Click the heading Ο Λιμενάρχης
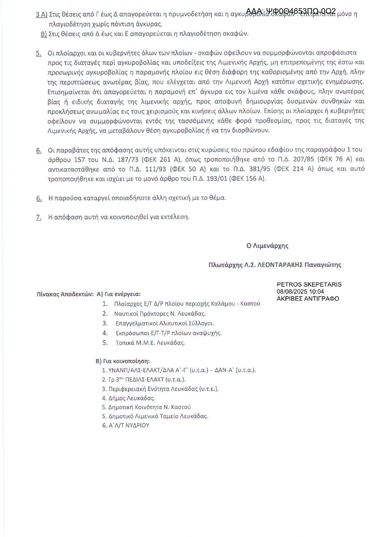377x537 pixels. pyautogui.click(x=267, y=246)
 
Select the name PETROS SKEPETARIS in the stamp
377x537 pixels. pyautogui.click(x=309, y=285)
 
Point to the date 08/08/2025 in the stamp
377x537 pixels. pyautogui.click(x=291, y=292)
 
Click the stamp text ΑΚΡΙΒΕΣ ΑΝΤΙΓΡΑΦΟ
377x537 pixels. pyautogui.click(x=308, y=299)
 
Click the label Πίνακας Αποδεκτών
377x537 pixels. pyautogui.click(x=65, y=294)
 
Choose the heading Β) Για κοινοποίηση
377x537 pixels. pyautogui.click(x=123, y=361)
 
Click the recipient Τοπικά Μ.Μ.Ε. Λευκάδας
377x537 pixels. pyautogui.click(x=150, y=343)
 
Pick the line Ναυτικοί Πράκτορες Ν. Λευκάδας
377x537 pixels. pyautogui.click(x=160, y=314)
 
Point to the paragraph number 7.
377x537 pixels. pyautogui.click(x=39, y=217)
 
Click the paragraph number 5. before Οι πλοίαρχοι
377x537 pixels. pyautogui.click(x=39, y=53)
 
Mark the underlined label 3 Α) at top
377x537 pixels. pyautogui.click(x=41, y=14)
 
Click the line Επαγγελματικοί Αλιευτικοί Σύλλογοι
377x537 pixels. pyautogui.click(x=165, y=323)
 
